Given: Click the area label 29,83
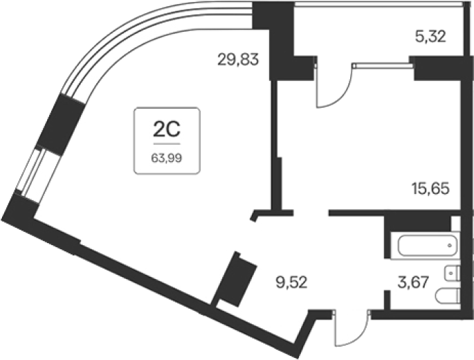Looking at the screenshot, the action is [x=238, y=60].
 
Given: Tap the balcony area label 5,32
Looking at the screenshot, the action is [x=430, y=37].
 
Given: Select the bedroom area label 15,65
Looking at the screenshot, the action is [x=430, y=188].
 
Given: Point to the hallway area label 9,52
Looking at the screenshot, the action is [x=291, y=283].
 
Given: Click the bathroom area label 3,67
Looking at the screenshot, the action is [x=413, y=283].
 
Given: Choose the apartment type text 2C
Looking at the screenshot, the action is [x=167, y=129].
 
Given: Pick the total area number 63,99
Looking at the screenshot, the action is [x=167, y=159].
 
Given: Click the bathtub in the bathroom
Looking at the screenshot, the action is [x=428, y=245].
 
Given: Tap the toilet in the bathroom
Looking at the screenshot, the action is [x=448, y=296].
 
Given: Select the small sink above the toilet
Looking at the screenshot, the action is [x=453, y=273].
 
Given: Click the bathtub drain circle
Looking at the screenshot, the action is [x=450, y=246].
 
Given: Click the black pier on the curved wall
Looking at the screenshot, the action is [x=60, y=125].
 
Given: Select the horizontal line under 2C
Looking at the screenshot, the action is [x=167, y=144].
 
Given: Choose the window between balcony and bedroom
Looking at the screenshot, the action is [x=383, y=65].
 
